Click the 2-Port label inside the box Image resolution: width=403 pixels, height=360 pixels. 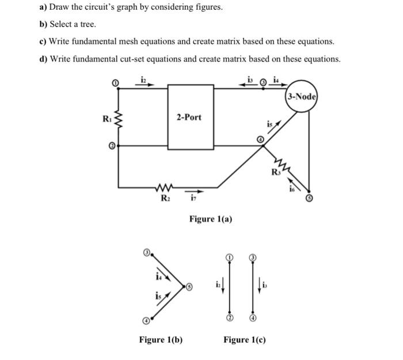[189, 117]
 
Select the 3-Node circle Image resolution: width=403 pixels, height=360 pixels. [301, 97]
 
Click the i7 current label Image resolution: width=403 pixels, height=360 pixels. [192, 200]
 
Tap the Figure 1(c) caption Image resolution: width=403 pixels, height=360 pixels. [245, 340]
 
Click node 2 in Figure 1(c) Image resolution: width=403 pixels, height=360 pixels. [229, 318]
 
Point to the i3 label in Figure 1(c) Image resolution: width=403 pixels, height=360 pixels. [264, 285]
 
